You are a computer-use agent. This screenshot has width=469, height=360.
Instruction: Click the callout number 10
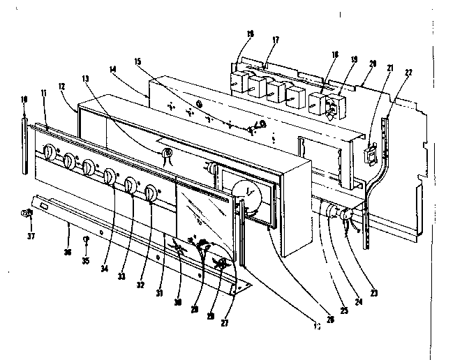click(25, 100)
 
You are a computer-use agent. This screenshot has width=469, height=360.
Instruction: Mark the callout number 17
click(275, 40)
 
